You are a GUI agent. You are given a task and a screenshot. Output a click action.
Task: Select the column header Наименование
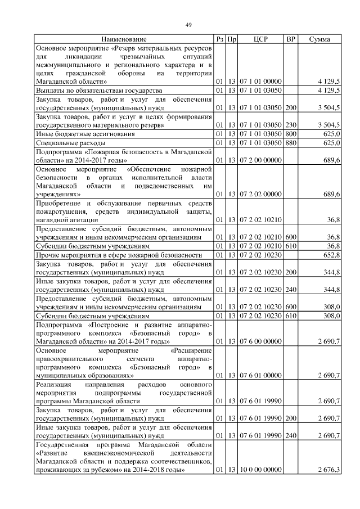click(124, 39)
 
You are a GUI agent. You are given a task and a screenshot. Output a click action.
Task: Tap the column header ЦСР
click(260, 39)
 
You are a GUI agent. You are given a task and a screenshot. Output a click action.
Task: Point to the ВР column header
click(291, 39)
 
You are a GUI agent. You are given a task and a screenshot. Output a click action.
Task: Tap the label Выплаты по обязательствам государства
click(99, 90)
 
